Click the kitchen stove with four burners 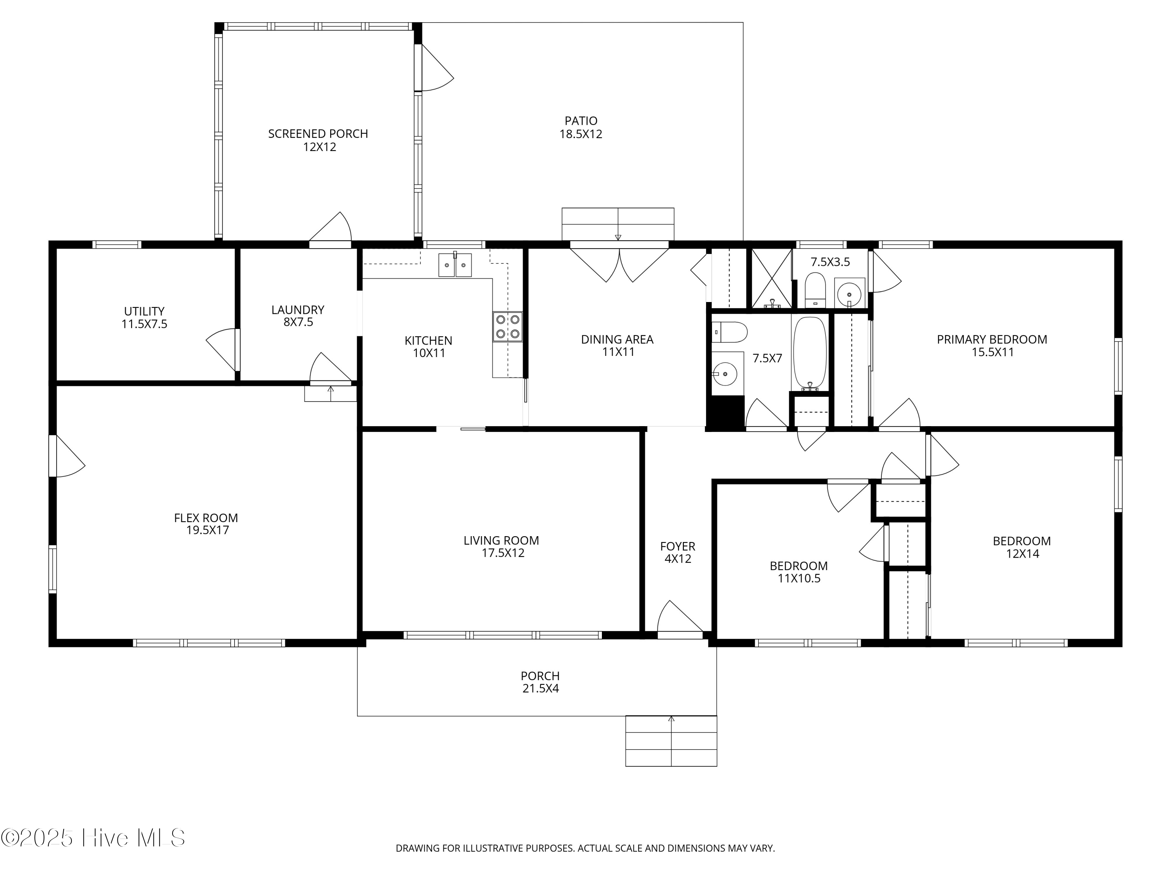coord(507,327)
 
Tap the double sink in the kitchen coord(455,265)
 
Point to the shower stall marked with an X coord(772,278)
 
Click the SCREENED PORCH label coord(318,134)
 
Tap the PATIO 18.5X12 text coord(581,128)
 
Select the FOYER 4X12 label coord(678,552)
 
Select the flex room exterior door coord(67,456)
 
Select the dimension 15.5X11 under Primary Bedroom coord(992,352)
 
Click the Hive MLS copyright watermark coord(93,838)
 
